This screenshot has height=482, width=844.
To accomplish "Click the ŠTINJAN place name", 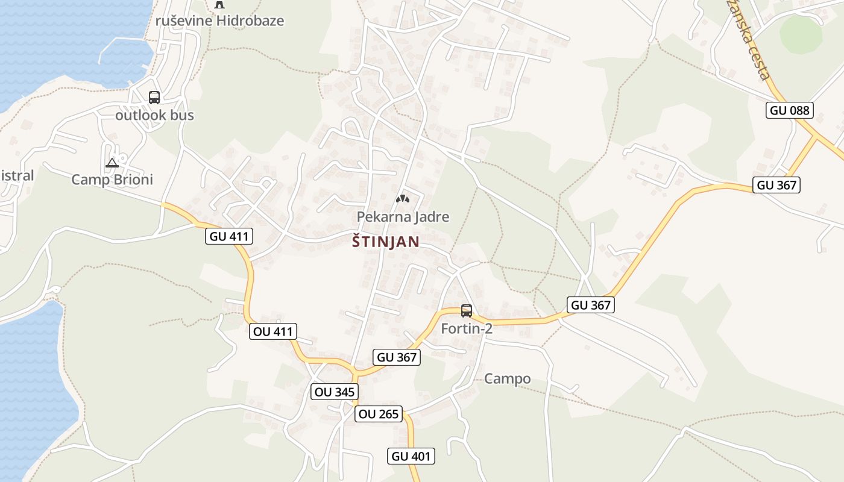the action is tap(385, 242).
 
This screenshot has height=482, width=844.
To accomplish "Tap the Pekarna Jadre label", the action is tap(403, 216).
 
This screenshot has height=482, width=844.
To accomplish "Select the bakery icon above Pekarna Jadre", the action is tap(402, 198).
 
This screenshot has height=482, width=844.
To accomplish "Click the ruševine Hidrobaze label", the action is tap(219, 20).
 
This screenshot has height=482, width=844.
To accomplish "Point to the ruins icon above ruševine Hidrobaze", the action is tap(219, 4).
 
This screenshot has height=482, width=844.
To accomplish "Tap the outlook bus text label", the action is tap(154, 114).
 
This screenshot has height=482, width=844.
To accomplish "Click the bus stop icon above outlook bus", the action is tap(154, 97).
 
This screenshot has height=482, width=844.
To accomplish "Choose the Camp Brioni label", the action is tap(112, 180).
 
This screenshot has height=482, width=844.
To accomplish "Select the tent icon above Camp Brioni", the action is tap(112, 163).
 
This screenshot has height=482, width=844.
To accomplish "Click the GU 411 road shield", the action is tap(229, 236).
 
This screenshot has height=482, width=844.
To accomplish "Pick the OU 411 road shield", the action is tap(273, 331).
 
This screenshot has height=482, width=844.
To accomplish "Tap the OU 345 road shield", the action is tap(335, 392).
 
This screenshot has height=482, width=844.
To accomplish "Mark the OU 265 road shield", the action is tap(378, 414).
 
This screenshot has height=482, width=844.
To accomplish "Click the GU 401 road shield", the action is tap(411, 456).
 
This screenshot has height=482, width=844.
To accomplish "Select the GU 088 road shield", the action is tap(790, 110).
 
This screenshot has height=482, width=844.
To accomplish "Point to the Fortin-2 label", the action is tap(467, 329).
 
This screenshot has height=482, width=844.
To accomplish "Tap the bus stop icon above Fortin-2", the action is tap(467, 311).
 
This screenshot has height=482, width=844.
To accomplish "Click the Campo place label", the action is tap(508, 379).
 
